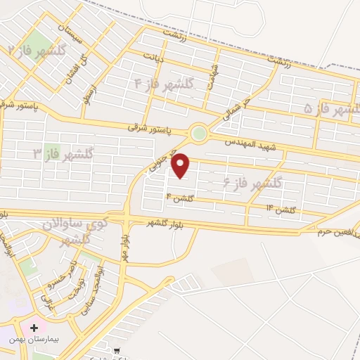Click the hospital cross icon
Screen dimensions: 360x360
(x=34, y=328)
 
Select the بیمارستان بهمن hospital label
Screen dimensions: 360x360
(x=34, y=339)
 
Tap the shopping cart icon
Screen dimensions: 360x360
(x=117, y=350)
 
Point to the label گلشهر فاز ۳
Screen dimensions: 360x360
(x=58, y=153)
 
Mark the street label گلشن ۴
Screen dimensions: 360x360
(x=180, y=198)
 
